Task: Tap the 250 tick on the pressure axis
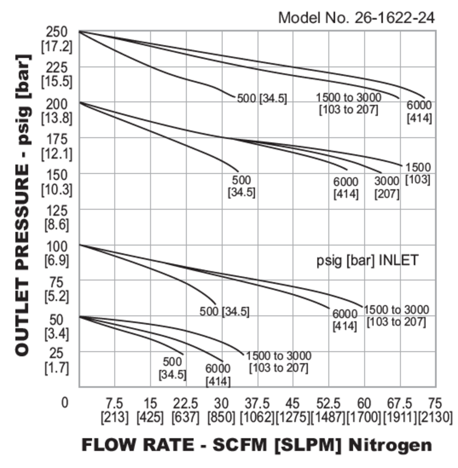point(57,32)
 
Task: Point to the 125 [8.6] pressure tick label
point(57,218)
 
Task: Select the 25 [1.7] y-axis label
point(57,361)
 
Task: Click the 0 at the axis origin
point(65,403)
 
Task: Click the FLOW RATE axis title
point(257,445)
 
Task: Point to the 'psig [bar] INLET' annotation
point(367,260)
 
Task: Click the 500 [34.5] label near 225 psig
point(262,99)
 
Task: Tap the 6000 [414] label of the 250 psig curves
point(419,112)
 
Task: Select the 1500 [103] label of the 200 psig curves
point(418,173)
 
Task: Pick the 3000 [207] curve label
point(387,187)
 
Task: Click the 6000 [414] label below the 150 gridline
point(346,188)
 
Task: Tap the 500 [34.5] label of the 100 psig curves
point(224,311)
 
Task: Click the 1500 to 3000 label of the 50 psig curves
point(278,362)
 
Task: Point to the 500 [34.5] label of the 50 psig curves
point(172,368)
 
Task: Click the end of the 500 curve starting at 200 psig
point(238,171)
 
